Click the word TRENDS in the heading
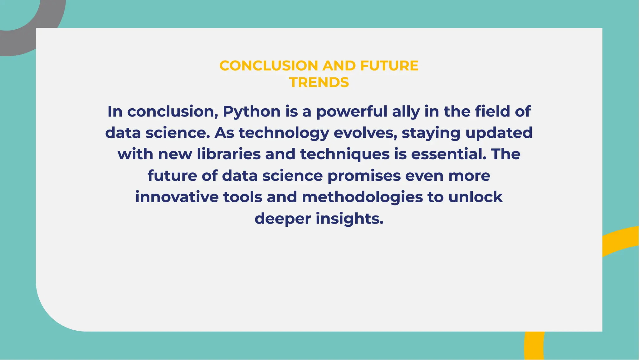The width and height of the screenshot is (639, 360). click(x=319, y=82)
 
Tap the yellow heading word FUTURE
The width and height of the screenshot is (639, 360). click(x=389, y=66)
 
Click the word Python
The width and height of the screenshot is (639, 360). click(x=251, y=112)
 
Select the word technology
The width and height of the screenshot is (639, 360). click(x=284, y=133)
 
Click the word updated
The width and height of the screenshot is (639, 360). click(x=499, y=133)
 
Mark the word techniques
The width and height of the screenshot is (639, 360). click(x=345, y=154)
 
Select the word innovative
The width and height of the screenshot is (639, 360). click(x=177, y=197)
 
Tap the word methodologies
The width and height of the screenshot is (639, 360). click(x=362, y=197)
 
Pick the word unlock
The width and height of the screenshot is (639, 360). click(x=476, y=197)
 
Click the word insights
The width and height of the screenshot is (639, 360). click(x=349, y=219)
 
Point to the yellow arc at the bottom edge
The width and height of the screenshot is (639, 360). click(x=534, y=347)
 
